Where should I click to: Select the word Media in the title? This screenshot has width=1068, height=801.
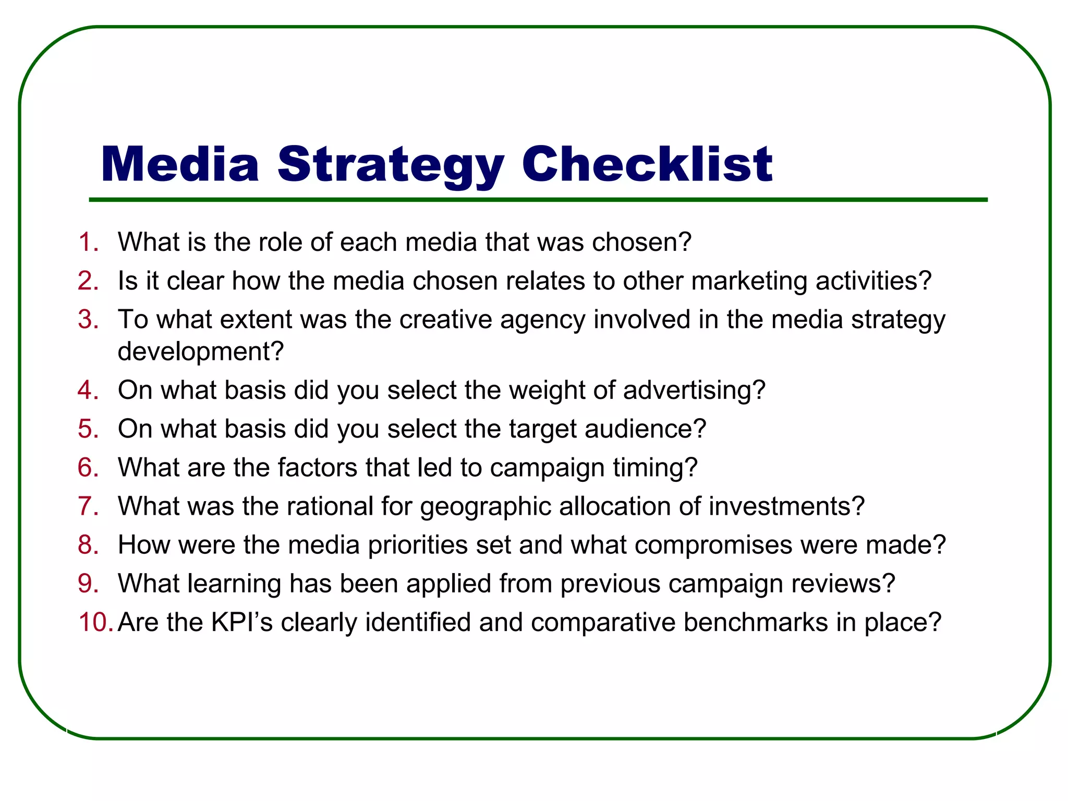[180, 165]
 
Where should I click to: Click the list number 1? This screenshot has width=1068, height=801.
[88, 242]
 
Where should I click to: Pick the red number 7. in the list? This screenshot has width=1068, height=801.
[88, 506]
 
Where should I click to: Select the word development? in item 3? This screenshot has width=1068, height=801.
[201, 351]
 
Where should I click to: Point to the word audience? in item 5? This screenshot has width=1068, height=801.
[645, 429]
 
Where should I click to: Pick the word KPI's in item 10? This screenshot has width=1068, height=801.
[241, 623]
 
